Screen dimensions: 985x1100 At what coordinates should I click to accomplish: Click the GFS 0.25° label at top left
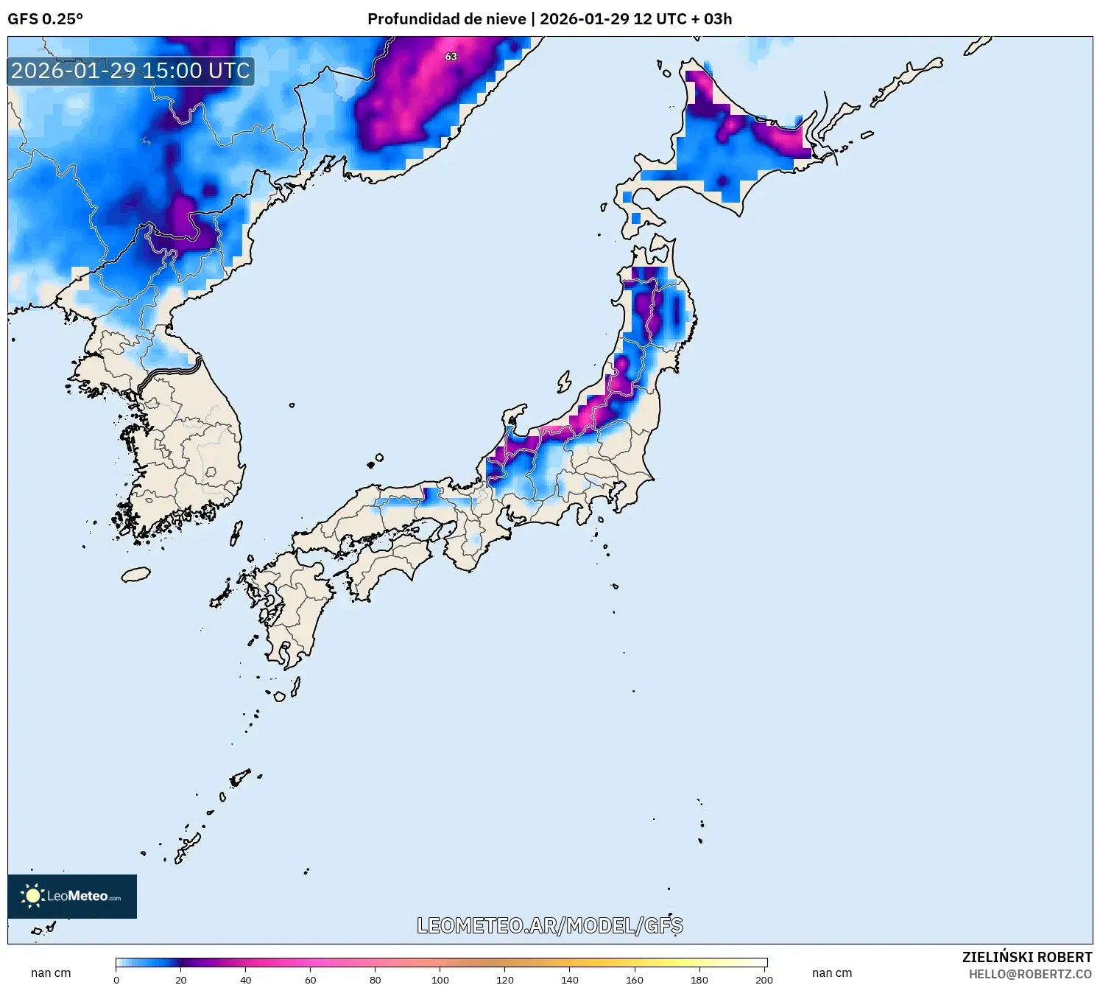tap(45, 19)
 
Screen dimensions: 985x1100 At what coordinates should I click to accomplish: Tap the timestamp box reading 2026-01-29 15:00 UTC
tap(131, 71)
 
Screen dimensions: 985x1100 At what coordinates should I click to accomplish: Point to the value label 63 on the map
tap(451, 57)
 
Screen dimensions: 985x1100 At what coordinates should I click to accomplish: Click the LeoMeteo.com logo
tap(72, 896)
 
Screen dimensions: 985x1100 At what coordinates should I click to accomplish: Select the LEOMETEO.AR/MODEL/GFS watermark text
tap(549, 925)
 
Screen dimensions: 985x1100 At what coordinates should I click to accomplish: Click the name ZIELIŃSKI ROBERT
tap(1026, 957)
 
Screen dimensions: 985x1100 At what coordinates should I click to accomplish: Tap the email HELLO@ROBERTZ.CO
tap(1029, 974)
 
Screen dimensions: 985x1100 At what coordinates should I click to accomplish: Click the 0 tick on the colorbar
tap(116, 980)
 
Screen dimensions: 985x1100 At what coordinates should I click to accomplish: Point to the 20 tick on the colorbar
tap(181, 980)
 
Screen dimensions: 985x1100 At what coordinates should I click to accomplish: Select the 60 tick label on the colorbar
tap(311, 980)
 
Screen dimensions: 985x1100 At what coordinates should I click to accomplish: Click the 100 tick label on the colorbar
tap(440, 980)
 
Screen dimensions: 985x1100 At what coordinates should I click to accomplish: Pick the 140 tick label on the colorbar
tap(570, 980)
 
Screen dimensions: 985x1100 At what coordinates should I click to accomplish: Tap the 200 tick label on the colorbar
tap(764, 980)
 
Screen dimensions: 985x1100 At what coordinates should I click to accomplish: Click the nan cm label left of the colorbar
tap(51, 972)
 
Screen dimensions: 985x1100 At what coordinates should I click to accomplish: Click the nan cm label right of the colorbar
tap(832, 972)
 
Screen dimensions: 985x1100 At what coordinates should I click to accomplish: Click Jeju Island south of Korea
tap(135, 574)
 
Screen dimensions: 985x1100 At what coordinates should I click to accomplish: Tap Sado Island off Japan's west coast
tap(564, 382)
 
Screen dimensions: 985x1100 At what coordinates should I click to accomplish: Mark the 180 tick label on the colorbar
tap(699, 980)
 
